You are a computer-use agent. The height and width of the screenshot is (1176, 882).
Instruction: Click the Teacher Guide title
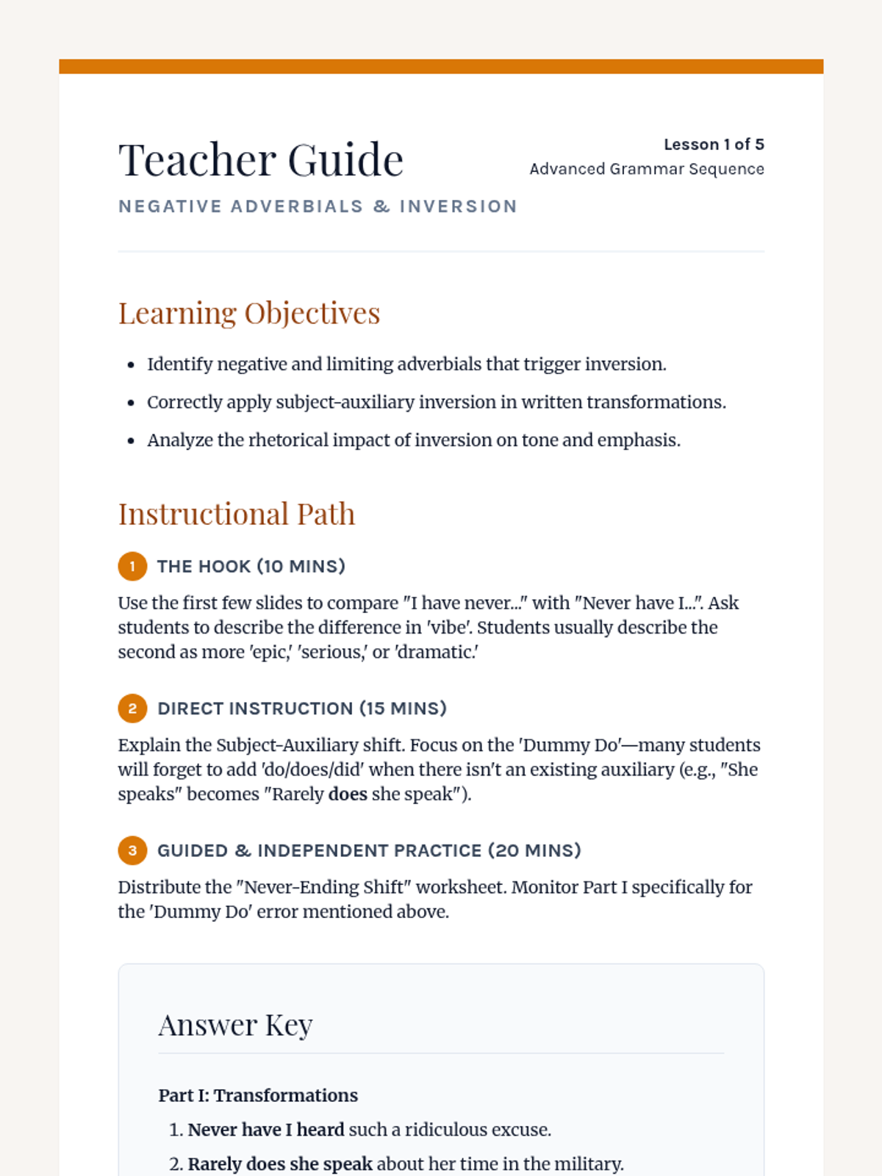pos(261,160)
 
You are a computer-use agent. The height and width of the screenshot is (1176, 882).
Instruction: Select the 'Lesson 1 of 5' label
pos(714,144)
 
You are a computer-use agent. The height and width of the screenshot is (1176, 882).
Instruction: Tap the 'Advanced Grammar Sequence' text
pos(647,169)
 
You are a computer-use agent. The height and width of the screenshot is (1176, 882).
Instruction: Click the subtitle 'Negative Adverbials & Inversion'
pos(318,207)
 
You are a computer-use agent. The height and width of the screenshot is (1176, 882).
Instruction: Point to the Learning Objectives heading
pos(249,313)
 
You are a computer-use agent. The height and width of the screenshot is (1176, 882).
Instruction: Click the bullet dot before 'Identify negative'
pos(131,365)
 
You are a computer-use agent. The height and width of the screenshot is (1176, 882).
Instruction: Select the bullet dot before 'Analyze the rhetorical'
pos(131,441)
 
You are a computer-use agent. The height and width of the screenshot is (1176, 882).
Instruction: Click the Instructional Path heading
pos(237,514)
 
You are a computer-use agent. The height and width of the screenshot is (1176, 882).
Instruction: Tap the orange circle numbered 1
pos(132,567)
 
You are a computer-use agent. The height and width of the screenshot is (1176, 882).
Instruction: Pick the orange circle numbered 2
pos(132,709)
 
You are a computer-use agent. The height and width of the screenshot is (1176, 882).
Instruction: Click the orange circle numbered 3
pos(132,850)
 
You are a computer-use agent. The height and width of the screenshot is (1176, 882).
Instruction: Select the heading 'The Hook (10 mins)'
pos(251,567)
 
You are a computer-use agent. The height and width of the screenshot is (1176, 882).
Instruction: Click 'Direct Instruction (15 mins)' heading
pos(302,709)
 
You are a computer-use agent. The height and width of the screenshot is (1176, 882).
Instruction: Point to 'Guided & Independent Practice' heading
pos(369,850)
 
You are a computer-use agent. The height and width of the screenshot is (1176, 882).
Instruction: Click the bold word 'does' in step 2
pos(348,795)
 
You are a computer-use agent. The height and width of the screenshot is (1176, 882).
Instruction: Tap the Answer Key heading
pos(235,1025)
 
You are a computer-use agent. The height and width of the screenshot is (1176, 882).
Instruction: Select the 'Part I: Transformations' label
pos(258,1095)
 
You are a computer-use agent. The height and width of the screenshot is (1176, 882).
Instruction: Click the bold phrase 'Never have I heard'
pos(266,1130)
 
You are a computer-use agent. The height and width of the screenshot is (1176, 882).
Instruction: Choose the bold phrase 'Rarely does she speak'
pos(280,1164)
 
